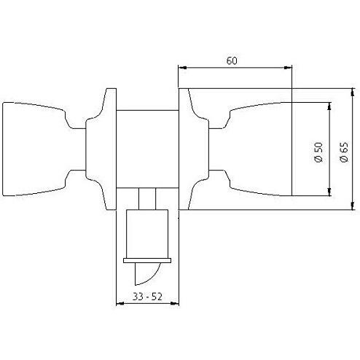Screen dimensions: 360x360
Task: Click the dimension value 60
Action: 232,60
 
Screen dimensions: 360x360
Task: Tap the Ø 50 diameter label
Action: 318,152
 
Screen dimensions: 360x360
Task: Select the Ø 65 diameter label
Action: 344,152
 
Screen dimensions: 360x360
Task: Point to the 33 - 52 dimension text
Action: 147,297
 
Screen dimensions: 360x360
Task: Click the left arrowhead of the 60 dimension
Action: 182,68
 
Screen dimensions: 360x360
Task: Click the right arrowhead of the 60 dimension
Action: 288,68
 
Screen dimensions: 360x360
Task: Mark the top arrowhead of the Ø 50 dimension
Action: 329,106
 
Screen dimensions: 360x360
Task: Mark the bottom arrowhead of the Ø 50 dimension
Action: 329,192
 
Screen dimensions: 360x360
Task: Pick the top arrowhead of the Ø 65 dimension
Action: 353,93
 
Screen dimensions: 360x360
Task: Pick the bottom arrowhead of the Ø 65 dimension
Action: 353,206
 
